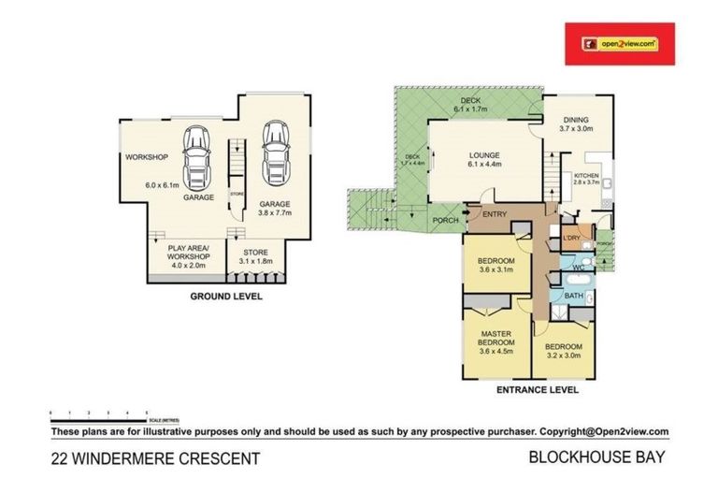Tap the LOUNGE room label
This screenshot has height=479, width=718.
coord(484,155)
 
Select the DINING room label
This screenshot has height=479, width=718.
coord(576,119)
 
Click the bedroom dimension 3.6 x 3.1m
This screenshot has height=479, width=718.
coord(496,269)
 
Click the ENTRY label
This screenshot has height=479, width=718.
coord(495,215)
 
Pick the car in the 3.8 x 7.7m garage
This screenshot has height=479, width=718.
coord(275,154)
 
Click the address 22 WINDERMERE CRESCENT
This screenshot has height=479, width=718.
coord(153,458)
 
